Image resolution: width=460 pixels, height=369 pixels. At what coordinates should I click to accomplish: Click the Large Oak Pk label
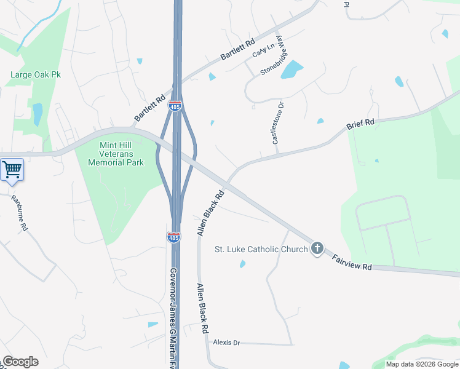(36, 75)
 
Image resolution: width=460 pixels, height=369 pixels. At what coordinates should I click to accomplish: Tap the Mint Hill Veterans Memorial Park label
(116, 154)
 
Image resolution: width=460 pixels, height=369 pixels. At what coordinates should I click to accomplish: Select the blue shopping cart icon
(12, 170)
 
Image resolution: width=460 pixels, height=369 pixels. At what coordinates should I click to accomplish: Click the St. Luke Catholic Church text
(261, 249)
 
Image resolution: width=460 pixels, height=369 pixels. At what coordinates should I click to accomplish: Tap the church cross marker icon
(317, 248)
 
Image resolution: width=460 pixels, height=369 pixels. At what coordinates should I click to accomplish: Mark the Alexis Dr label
(226, 343)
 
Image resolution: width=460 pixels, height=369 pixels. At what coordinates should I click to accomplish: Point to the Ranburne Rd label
(20, 213)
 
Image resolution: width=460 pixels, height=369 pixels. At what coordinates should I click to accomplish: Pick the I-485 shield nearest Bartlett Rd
(175, 106)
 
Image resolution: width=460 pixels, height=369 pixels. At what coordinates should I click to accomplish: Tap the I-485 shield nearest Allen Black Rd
(173, 237)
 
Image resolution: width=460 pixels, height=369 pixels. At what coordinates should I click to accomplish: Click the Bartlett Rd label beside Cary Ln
(237, 50)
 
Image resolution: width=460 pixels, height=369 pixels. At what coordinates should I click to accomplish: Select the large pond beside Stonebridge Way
(292, 69)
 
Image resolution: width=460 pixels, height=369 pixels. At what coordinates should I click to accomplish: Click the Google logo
(20, 362)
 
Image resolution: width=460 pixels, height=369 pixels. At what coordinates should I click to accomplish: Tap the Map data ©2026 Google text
(421, 364)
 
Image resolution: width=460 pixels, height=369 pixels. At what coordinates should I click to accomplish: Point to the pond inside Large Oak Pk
(38, 114)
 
